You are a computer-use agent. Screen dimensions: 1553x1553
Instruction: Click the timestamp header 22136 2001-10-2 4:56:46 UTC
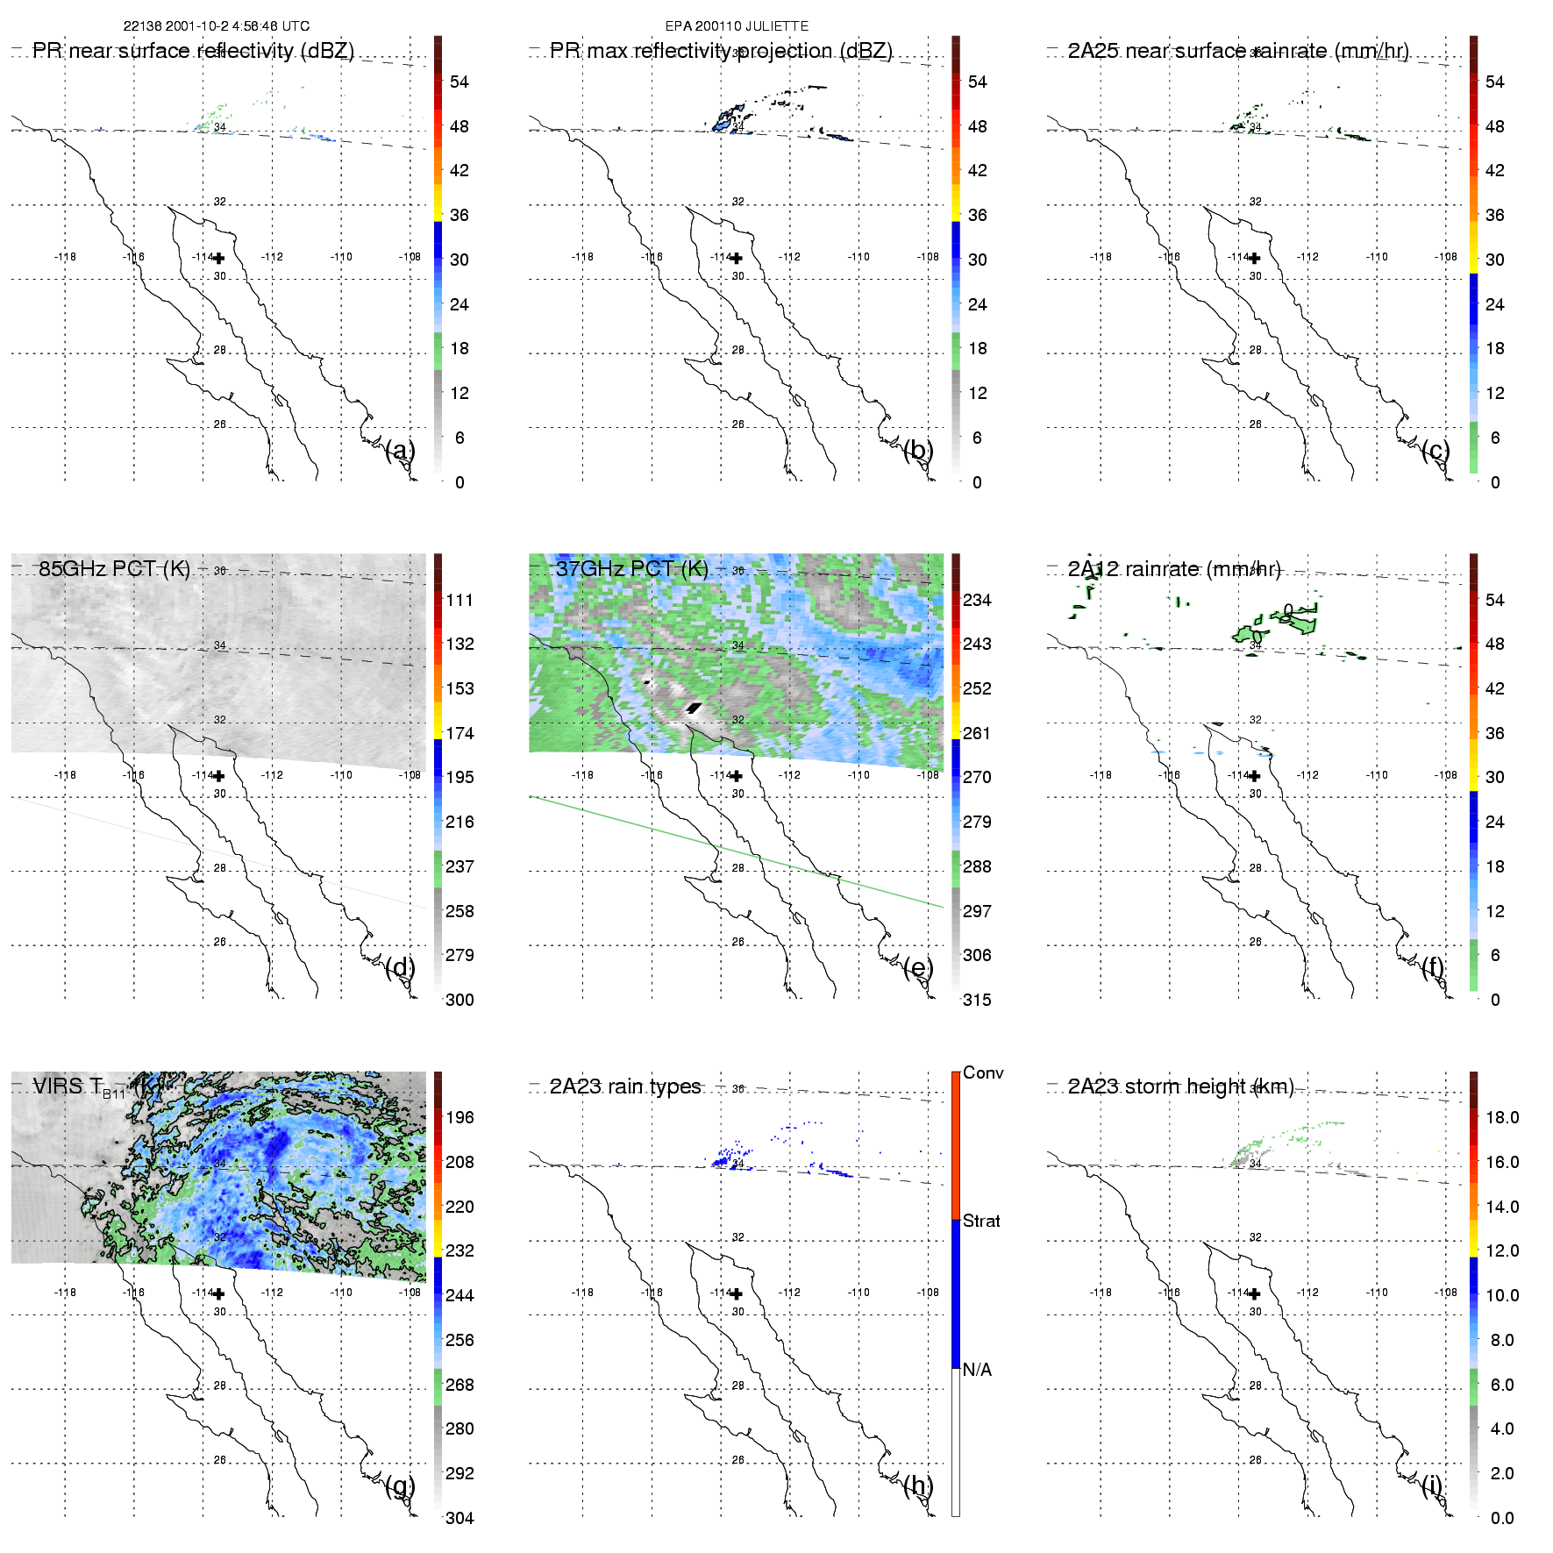216,26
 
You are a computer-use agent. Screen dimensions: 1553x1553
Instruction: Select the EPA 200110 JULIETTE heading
737,26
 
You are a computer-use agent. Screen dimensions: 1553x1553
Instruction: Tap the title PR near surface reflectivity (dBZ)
193,51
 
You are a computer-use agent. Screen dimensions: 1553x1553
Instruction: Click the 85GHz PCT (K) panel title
114,568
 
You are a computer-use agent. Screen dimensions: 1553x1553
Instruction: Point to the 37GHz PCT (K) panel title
631,568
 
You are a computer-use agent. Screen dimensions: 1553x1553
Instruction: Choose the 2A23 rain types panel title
625,1086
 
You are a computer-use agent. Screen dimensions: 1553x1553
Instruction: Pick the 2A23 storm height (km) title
1180,1086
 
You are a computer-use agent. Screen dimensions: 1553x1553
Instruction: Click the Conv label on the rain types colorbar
983,1072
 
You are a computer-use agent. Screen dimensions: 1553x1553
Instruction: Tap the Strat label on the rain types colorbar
981,1221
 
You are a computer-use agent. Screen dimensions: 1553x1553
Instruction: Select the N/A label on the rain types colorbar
977,1370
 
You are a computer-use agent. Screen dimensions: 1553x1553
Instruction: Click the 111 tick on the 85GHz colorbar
459,600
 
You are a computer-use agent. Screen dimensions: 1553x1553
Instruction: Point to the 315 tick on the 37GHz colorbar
977,1000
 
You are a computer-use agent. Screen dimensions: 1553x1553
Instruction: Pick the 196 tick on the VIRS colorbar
459,1117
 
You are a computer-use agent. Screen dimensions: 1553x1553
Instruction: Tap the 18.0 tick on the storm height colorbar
1502,1117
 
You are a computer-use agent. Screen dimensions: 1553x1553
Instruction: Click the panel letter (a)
400,451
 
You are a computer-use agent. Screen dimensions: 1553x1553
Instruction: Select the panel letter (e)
918,968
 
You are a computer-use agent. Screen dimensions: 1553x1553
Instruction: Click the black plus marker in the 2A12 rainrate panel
1254,776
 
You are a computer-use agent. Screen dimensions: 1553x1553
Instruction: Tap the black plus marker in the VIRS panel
218,1293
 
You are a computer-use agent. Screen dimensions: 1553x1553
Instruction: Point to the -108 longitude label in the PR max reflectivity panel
928,257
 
